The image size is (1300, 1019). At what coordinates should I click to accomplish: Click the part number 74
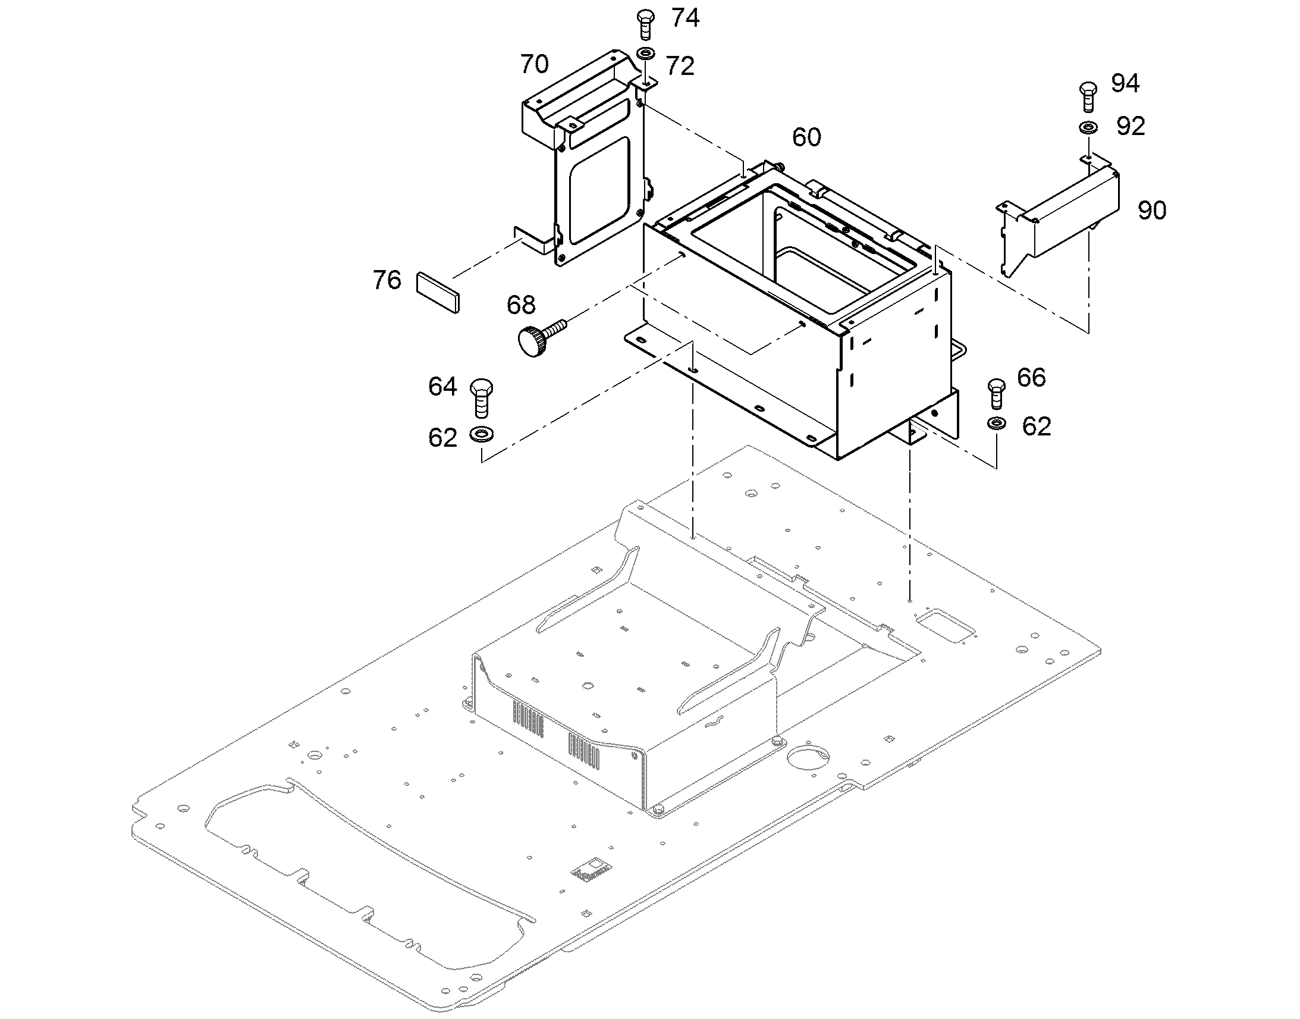click(x=685, y=18)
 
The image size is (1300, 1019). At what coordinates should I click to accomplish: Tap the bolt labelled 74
click(x=645, y=24)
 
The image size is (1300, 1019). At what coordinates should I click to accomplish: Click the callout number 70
click(x=533, y=64)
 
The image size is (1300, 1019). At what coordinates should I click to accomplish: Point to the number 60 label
click(x=806, y=137)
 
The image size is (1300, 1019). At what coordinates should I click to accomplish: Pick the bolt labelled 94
click(x=1088, y=96)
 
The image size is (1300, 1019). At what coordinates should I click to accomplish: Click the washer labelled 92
click(x=1088, y=127)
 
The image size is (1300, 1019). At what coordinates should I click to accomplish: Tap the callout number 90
click(x=1151, y=211)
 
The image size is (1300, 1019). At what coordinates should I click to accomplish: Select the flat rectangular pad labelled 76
click(x=438, y=292)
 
